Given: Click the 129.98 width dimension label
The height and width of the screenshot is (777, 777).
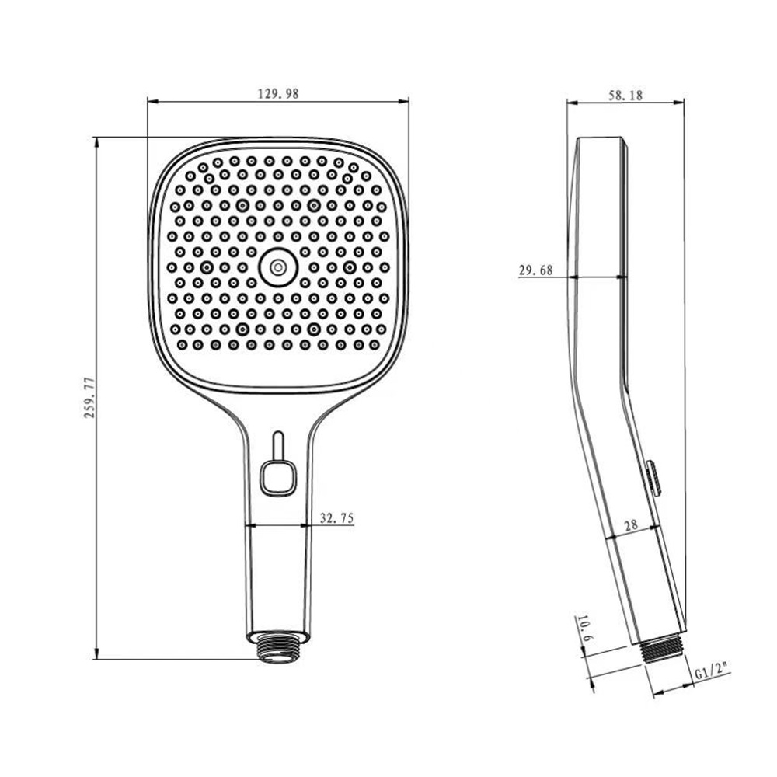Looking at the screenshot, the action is pos(278,92).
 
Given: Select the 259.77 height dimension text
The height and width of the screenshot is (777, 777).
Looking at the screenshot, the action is pos(89,397).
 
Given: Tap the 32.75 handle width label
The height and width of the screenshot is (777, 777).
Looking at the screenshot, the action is pos(337,517).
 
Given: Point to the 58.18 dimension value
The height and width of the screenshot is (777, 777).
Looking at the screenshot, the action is pos(625,95).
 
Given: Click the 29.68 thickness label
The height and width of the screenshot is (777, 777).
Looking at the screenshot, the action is pos(535,270).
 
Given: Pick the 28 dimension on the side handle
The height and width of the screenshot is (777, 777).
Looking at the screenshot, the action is pos(631,524).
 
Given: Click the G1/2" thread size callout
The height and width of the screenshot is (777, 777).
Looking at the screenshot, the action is pos(712,674).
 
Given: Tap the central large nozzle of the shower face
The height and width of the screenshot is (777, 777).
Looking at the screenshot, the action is pos(277,267).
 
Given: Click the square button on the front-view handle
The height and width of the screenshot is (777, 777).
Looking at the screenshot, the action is pos(277,478).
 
